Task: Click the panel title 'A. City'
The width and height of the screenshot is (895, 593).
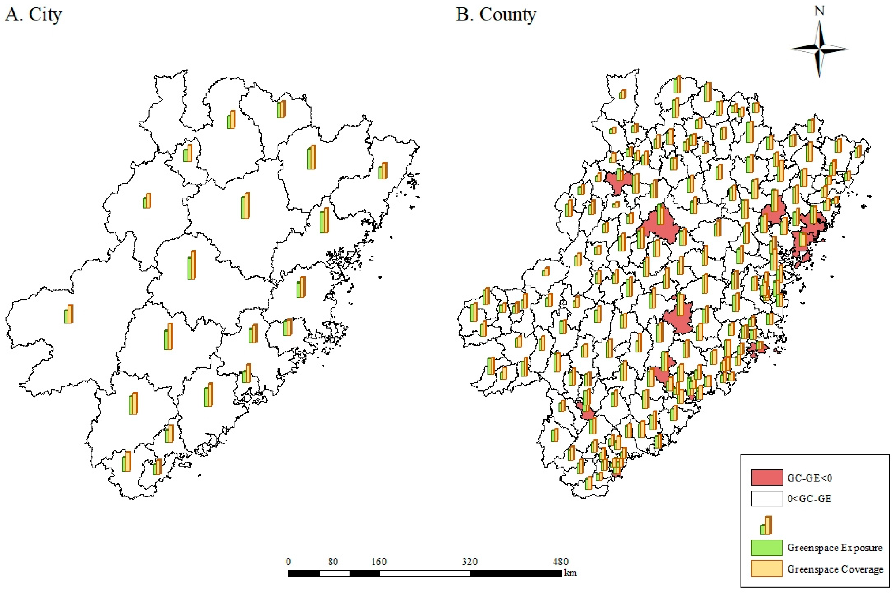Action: point(33,15)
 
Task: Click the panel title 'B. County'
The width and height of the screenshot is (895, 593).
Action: point(496,15)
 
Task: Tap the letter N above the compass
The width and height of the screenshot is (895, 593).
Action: point(819,11)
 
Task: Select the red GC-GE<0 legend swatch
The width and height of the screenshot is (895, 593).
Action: point(766,478)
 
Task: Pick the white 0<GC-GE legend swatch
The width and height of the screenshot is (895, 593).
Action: point(766,499)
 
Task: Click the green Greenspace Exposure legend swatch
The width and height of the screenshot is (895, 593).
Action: point(766,548)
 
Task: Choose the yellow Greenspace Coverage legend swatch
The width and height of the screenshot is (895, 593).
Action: point(766,569)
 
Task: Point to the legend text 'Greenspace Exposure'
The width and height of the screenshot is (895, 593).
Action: point(834,548)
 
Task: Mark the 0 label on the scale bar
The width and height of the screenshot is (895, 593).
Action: point(288,562)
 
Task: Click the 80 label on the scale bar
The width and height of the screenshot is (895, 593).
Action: point(333,562)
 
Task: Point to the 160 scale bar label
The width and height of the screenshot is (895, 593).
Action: point(379,562)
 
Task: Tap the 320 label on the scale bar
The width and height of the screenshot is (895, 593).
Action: point(469,562)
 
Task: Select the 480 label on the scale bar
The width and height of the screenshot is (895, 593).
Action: point(560,562)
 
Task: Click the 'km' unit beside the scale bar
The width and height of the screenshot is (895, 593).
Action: point(570,573)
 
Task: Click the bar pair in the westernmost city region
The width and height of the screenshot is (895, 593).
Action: point(69,314)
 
